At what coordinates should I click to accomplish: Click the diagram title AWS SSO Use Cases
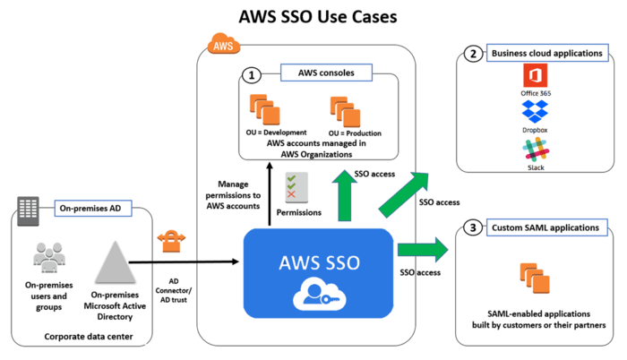tap(313, 16)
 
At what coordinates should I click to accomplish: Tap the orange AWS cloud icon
tap(219, 43)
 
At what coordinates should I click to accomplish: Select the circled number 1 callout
tap(253, 74)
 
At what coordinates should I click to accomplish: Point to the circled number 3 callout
tap(472, 228)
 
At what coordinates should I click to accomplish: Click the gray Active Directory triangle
tap(112, 262)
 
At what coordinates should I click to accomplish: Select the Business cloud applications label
tap(546, 54)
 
